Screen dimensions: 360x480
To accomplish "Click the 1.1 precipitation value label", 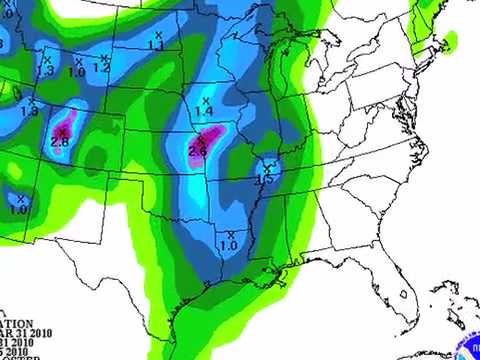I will (x=156, y=46).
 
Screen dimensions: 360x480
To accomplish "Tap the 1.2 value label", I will (x=102, y=68).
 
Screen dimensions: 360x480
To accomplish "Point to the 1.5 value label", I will (x=264, y=180).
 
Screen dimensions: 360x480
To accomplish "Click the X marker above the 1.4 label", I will (x=206, y=101).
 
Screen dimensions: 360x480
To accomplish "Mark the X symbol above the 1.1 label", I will (x=157, y=35).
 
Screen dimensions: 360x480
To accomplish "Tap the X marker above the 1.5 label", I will (x=268, y=167).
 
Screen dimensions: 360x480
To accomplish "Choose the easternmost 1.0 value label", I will (x=228, y=245).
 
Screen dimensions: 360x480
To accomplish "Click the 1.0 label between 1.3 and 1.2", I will (x=77, y=72).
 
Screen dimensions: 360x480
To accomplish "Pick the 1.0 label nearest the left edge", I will (x=20, y=210).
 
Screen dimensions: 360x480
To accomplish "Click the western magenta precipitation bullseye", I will (x=60, y=137).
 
